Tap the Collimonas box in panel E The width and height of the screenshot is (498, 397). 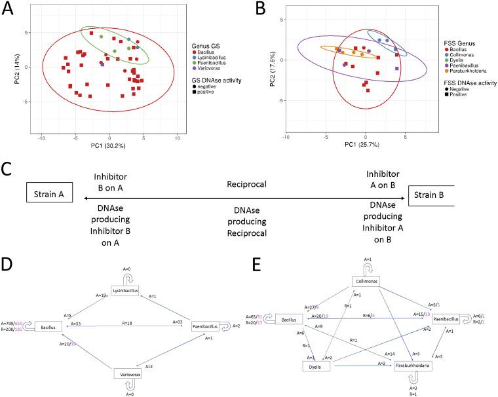(368, 282)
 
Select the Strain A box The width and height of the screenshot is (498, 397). (48, 194)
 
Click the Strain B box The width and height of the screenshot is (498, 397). (431, 195)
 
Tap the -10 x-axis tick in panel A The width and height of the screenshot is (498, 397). (42, 138)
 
